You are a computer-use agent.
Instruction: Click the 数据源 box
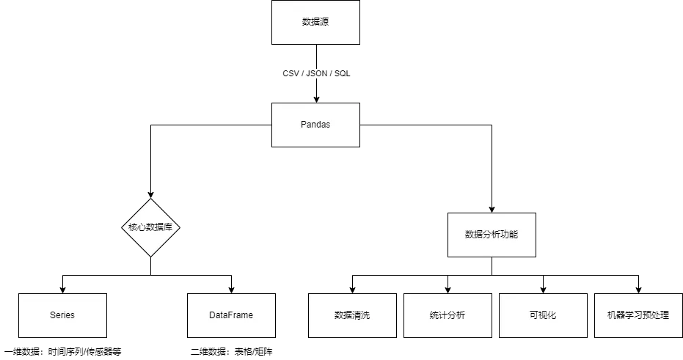tap(315, 22)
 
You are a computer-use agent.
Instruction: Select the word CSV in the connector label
tap(291, 74)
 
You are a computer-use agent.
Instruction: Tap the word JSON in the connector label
tap(316, 74)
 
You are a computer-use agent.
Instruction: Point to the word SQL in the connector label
tap(343, 74)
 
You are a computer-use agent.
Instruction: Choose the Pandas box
tap(315, 125)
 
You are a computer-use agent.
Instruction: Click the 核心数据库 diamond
tap(150, 227)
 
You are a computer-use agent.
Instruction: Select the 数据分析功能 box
tap(492, 235)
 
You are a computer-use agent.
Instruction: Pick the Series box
tap(62, 315)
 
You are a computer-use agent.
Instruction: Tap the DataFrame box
tap(231, 315)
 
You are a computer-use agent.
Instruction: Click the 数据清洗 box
tap(352, 315)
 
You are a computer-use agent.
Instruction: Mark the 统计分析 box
tap(448, 315)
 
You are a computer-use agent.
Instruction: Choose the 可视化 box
tap(543, 315)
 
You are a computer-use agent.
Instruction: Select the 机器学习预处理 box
tap(638, 315)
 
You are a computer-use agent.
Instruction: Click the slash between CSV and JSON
tap(302, 74)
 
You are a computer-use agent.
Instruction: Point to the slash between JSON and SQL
tap(331, 74)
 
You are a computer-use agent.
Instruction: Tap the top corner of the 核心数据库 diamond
tap(150, 199)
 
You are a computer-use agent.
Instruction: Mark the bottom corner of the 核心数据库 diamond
tap(150, 256)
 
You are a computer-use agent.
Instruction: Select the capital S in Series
tap(53, 315)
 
